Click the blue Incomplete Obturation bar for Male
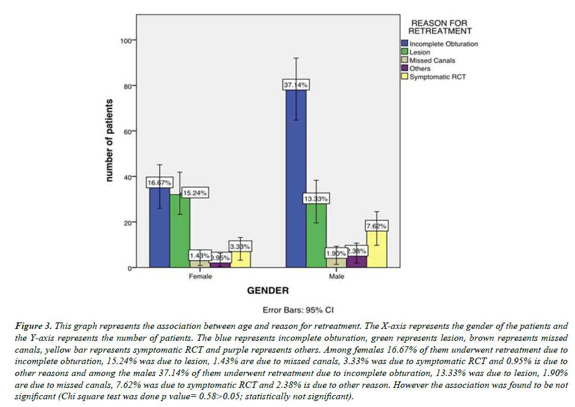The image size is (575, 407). tap(296, 179)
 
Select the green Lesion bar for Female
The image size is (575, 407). tap(180, 232)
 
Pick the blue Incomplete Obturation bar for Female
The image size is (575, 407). tap(160, 229)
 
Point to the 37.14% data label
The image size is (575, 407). tap(296, 85)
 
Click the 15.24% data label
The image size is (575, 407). tap(195, 193)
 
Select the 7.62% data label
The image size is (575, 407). tap(377, 226)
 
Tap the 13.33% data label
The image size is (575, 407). tap(316, 199)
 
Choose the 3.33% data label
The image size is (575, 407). tap(240, 246)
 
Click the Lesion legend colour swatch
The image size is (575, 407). tap(405, 52)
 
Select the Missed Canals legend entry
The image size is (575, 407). tap(432, 61)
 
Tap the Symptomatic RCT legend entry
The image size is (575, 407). tap(436, 77)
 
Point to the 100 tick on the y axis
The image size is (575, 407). tap(126, 41)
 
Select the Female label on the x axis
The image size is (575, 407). tap(200, 277)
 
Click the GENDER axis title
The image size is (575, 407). tap(268, 291)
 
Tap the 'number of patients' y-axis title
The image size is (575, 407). tap(109, 141)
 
